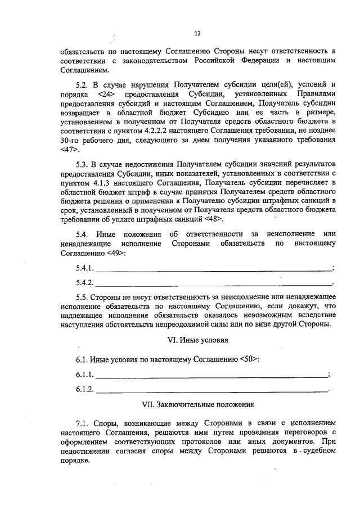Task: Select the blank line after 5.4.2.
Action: [x=214, y=283]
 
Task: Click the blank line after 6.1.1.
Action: [x=211, y=375]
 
